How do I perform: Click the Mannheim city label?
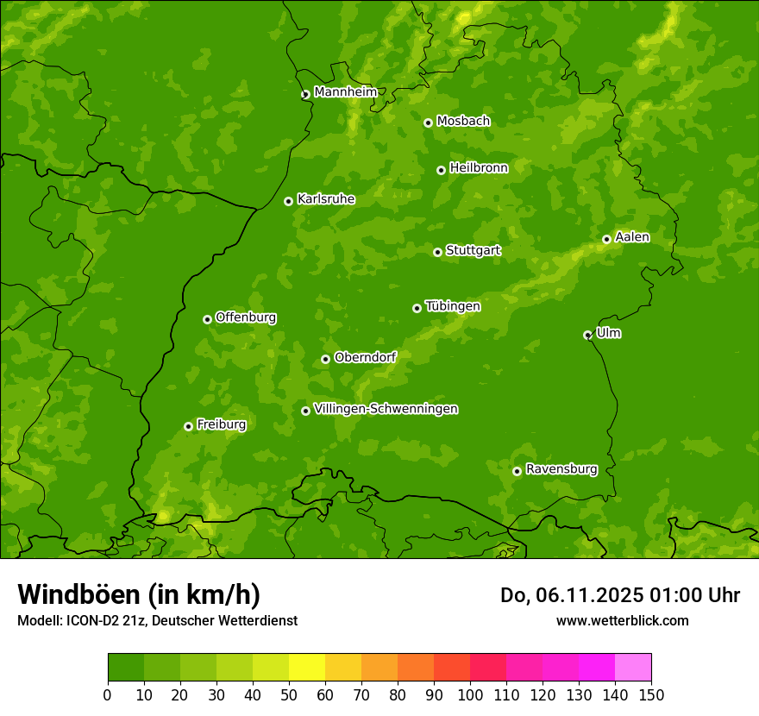(345, 92)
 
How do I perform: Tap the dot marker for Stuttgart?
(437, 252)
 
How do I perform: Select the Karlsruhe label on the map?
(326, 199)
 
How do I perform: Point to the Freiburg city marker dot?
(188, 426)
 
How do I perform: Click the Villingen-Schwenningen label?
(386, 409)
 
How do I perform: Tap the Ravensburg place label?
(561, 469)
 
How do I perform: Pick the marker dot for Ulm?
(587, 335)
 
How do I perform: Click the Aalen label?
(632, 237)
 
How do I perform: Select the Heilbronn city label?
(479, 168)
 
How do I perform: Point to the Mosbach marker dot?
(428, 122)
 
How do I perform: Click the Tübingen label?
(453, 306)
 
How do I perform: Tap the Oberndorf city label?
(365, 357)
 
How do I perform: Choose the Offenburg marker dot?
(207, 319)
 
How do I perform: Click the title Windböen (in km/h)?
(139, 594)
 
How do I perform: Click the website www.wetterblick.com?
(622, 620)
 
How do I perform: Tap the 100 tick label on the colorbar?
(470, 695)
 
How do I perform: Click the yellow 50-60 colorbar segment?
(307, 668)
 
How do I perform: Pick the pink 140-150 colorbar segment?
(633, 668)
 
